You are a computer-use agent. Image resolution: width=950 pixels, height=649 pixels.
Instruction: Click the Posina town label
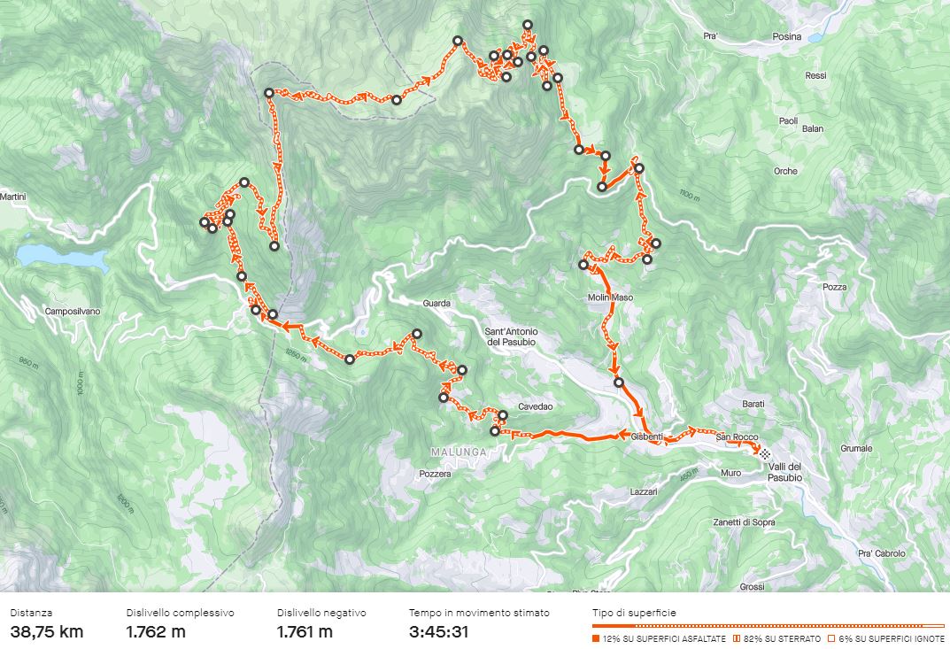785,37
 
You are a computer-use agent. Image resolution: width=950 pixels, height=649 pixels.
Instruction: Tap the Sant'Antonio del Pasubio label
517,336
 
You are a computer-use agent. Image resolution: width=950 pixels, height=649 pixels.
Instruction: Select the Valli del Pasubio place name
784,472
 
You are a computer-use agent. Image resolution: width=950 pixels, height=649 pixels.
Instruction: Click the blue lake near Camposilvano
61,258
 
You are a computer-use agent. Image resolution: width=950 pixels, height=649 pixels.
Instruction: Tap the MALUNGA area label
458,452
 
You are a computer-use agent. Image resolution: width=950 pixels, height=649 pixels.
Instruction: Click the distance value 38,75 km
47,631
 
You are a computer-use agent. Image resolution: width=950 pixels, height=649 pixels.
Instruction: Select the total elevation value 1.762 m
156,631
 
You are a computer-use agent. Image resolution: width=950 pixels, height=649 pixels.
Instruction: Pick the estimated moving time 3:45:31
439,631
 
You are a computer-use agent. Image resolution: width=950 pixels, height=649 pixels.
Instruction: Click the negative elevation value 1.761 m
305,631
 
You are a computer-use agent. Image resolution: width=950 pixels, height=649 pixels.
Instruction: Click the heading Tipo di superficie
635,613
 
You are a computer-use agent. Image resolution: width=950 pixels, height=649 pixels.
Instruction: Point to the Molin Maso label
611,297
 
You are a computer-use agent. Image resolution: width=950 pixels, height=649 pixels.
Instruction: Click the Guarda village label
437,304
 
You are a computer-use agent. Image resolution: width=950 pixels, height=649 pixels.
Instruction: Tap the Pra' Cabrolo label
882,553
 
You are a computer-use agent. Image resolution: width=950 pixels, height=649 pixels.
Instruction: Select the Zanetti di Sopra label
744,522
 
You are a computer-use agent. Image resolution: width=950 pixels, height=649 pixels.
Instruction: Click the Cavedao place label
536,407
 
